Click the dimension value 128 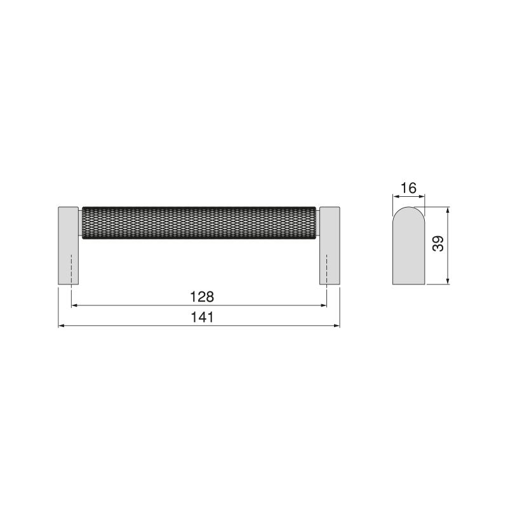[x=202, y=297]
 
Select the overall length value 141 [x=202, y=317]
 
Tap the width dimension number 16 [x=408, y=187]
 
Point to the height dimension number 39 [x=438, y=244]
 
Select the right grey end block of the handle [x=329, y=244]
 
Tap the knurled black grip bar [x=199, y=223]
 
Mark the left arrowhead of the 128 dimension [x=74, y=305]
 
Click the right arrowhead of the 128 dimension [x=324, y=305]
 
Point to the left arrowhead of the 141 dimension [x=62, y=326]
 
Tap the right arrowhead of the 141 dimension [x=337, y=326]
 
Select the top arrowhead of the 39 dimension [x=449, y=210]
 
